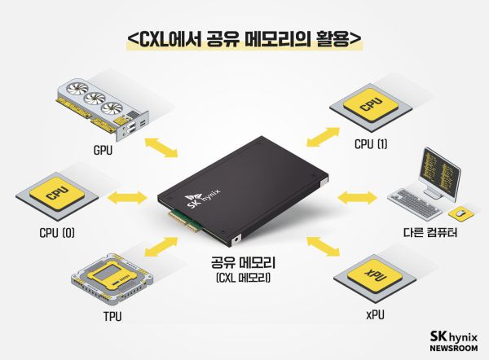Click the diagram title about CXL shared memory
pyautogui.click(x=244, y=38)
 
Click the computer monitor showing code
pyautogui.click(x=434, y=172)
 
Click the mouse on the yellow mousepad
pyautogui.click(x=460, y=213)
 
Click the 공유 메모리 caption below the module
pyautogui.click(x=244, y=264)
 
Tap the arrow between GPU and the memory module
pyautogui.click(x=163, y=147)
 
